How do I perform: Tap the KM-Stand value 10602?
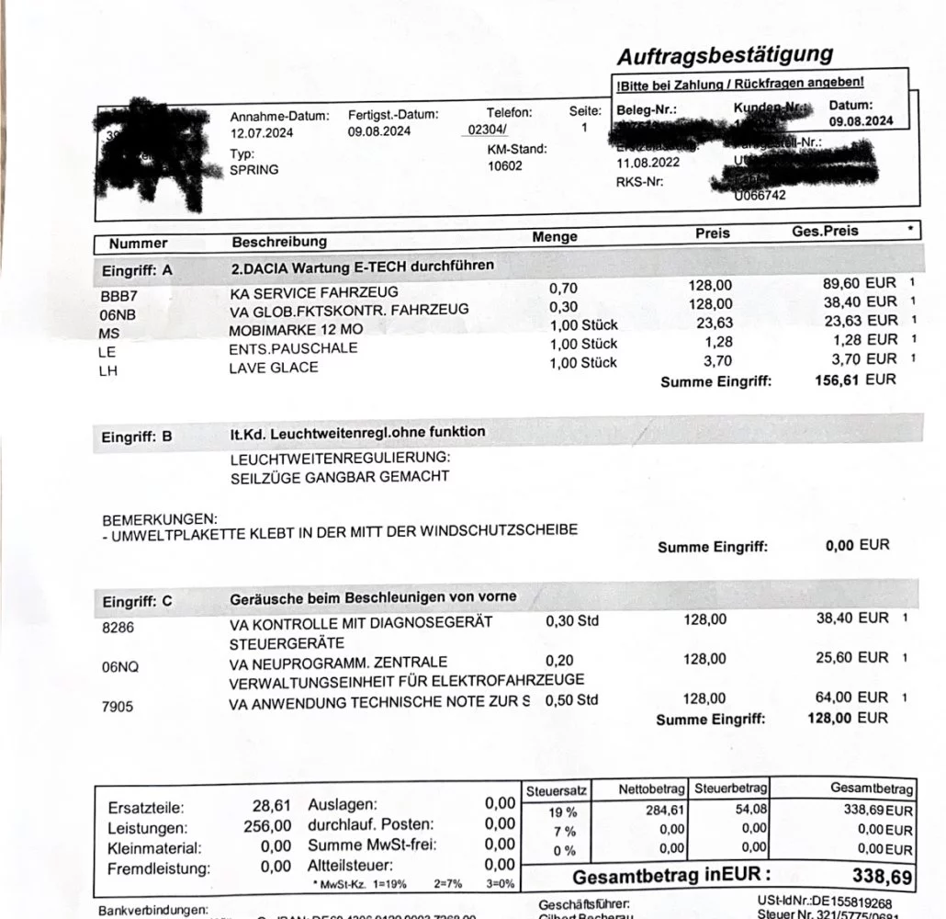pyautogui.click(x=504, y=166)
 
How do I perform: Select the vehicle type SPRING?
pyautogui.click(x=254, y=170)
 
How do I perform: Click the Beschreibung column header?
pyautogui.click(x=279, y=242)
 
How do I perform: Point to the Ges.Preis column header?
pyautogui.click(x=825, y=231)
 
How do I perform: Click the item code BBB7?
pyautogui.click(x=118, y=296)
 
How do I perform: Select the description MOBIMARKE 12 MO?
pyautogui.click(x=297, y=330)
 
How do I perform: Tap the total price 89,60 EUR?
pyautogui.click(x=859, y=284)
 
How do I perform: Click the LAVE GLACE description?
pyautogui.click(x=274, y=368)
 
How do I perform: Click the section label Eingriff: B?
pyautogui.click(x=137, y=437)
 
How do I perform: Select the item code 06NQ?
pyautogui.click(x=120, y=668)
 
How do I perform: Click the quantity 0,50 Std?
pyautogui.click(x=571, y=700)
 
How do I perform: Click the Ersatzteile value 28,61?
pyautogui.click(x=272, y=807)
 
